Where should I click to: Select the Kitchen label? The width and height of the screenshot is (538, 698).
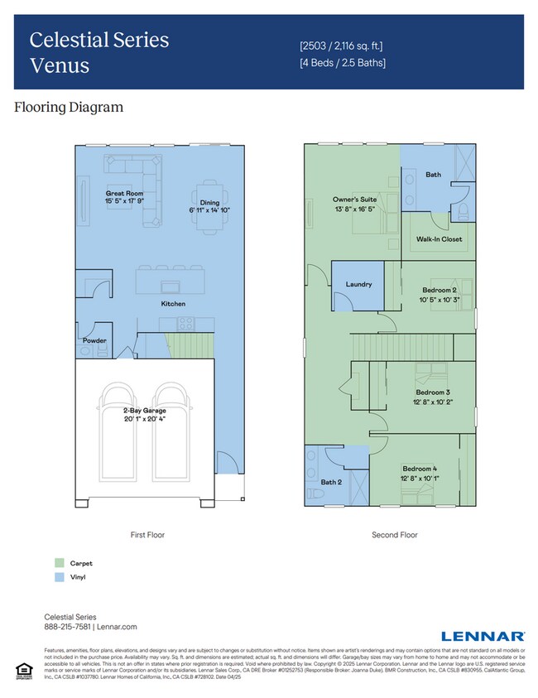click(x=173, y=304)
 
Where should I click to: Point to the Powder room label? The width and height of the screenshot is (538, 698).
click(x=94, y=340)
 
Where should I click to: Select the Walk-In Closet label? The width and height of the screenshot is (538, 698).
click(x=439, y=239)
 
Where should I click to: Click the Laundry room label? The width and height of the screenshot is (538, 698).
click(x=358, y=284)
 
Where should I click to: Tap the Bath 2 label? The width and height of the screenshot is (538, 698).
click(x=330, y=481)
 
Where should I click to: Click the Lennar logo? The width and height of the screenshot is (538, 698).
click(x=483, y=636)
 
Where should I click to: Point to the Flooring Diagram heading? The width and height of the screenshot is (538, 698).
click(x=69, y=107)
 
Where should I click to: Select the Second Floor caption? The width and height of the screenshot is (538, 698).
click(x=395, y=535)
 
